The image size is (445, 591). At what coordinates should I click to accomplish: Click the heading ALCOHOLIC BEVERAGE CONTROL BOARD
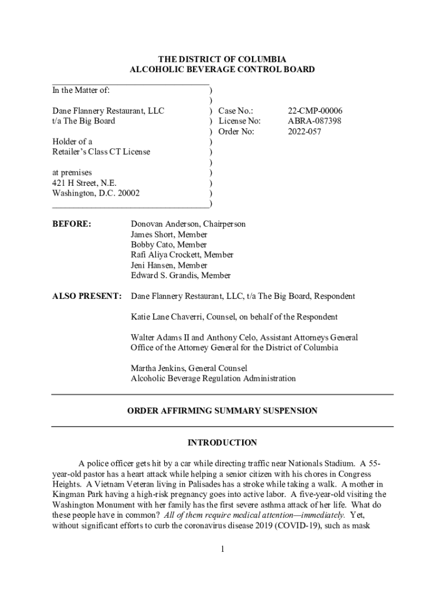(222, 70)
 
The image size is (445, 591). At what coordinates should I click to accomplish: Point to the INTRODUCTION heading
(222, 443)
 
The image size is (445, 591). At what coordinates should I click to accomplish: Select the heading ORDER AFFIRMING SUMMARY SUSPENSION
(222, 411)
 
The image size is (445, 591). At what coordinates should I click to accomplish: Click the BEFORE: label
(72, 224)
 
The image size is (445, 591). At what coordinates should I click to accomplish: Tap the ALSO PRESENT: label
(87, 297)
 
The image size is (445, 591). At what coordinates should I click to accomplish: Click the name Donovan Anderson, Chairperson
(188, 224)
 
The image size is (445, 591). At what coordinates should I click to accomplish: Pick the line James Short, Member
(169, 234)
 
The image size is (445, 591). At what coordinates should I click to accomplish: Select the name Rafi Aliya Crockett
(166, 255)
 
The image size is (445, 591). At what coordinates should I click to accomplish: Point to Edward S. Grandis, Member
(180, 276)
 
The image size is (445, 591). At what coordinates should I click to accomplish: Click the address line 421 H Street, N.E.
(84, 183)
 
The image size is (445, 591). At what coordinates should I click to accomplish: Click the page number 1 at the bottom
(222, 548)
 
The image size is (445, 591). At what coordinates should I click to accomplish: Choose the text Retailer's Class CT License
(101, 152)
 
